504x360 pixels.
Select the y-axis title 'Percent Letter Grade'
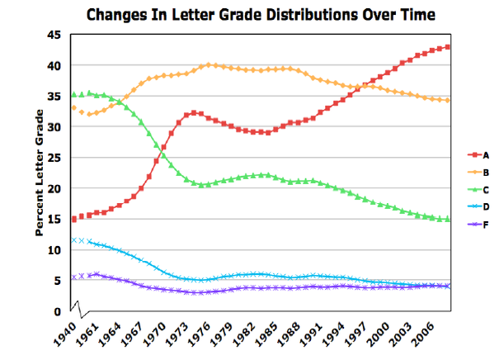pos(39,173)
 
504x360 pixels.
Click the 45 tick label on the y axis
pos(55,35)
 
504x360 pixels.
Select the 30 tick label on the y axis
pos(55,127)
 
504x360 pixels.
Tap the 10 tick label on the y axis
pos(55,250)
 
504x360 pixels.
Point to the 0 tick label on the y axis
pos(59,312)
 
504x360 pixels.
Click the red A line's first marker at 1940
pos(74,219)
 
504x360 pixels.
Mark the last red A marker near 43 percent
pos(448,47)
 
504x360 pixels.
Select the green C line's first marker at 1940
pos(74,95)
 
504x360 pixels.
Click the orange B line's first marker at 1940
pos(74,108)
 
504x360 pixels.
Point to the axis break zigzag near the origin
pos(80,312)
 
